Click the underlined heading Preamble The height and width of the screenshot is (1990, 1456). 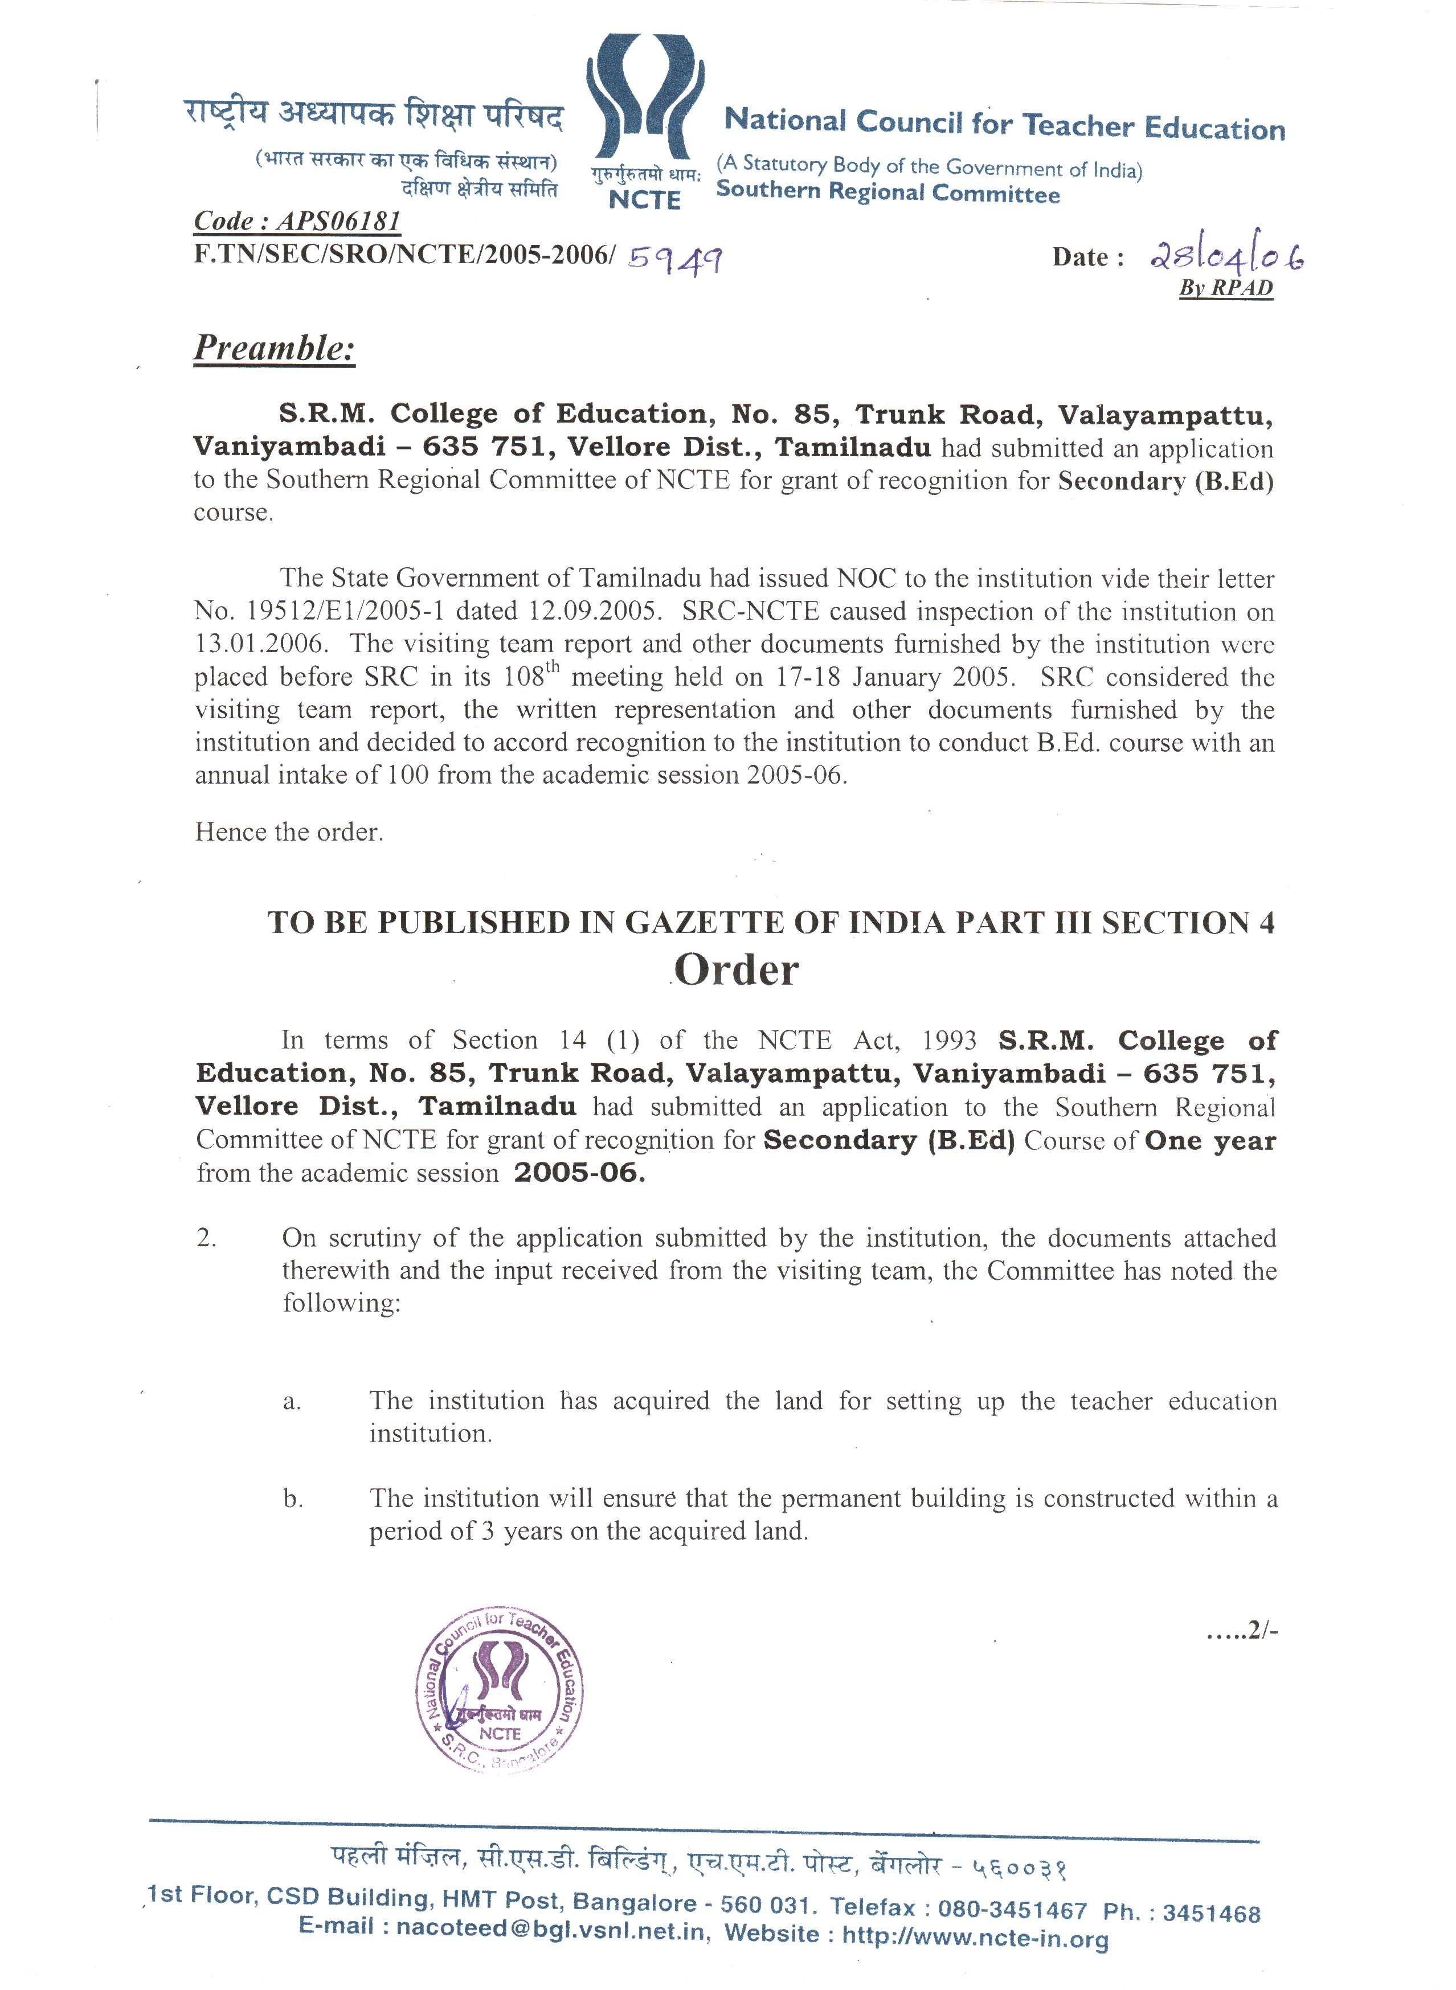coord(274,348)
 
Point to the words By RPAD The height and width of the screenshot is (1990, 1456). coord(1226,288)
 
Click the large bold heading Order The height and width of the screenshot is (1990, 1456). coord(737,971)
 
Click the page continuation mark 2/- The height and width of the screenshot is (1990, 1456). coord(1243,1631)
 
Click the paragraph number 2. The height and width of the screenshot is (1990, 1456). coord(206,1238)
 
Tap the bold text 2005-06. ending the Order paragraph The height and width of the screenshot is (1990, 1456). coord(579,1173)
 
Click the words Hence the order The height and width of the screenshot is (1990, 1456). coord(289,832)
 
